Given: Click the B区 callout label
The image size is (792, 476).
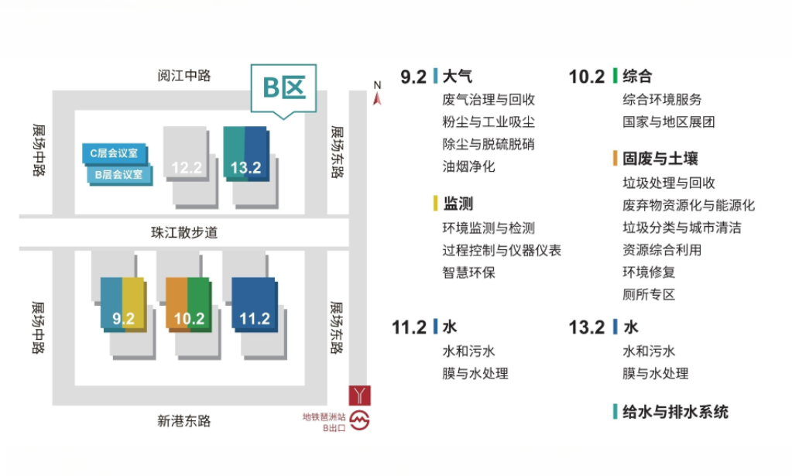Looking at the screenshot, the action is pos(283,87).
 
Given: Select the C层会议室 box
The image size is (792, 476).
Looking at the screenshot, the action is pos(115,153).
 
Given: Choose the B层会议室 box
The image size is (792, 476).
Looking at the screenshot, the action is pos(118,174).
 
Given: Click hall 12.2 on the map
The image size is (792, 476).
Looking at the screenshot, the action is pos(187,166).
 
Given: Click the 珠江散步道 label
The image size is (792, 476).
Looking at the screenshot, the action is pos(184,232).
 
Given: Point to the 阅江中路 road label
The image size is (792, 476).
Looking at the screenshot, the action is pos(184,76).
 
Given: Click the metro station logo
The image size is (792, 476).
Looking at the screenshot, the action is pos(361,422).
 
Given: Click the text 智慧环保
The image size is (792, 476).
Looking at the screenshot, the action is pos(468,272).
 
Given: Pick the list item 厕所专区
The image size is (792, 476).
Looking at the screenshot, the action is pos(649,294).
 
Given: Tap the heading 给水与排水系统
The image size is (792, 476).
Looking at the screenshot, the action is pos(675,412).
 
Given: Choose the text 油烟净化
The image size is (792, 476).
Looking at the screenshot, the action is pos(468,166).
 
